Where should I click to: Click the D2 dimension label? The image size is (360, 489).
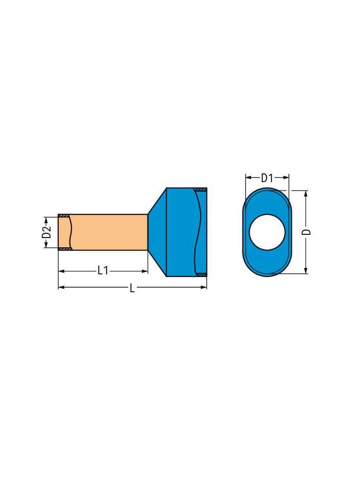tap(46, 232)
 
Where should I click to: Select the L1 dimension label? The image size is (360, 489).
tap(103, 271)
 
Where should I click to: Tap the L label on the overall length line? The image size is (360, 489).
tap(132, 288)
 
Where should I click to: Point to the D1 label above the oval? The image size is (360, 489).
tap(267, 178)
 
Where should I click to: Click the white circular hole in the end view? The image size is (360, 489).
tap(267, 232)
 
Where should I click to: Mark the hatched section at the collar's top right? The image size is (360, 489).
tap(201, 189)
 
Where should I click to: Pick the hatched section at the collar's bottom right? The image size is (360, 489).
tap(201, 275)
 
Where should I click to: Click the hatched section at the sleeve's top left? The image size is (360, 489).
tap(63, 216)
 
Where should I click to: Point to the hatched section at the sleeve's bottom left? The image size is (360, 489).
tap(63, 249)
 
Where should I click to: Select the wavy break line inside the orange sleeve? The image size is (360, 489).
tap(71, 232)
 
